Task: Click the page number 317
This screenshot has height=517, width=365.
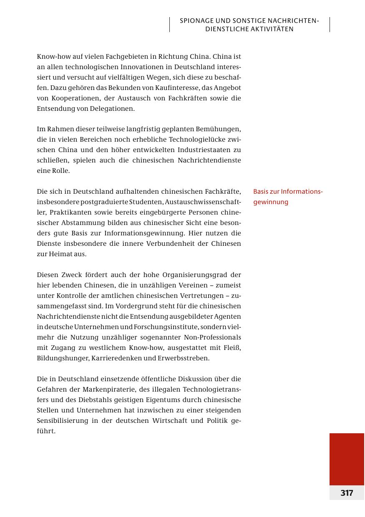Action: tap(347, 493)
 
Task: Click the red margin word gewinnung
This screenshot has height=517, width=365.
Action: tap(271, 202)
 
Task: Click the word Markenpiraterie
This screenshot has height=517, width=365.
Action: tap(100, 390)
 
